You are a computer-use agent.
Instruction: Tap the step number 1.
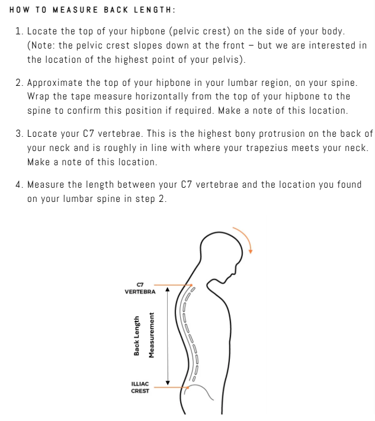point(18,31)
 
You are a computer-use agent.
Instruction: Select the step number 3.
point(18,133)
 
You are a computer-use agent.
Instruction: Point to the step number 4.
point(18,185)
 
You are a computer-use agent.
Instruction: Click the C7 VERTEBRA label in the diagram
point(140,288)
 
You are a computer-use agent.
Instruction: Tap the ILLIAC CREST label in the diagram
point(140,387)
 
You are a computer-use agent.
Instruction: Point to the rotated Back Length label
point(137,336)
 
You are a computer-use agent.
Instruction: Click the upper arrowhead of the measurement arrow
point(168,290)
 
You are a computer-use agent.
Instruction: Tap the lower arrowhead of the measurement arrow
point(168,383)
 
